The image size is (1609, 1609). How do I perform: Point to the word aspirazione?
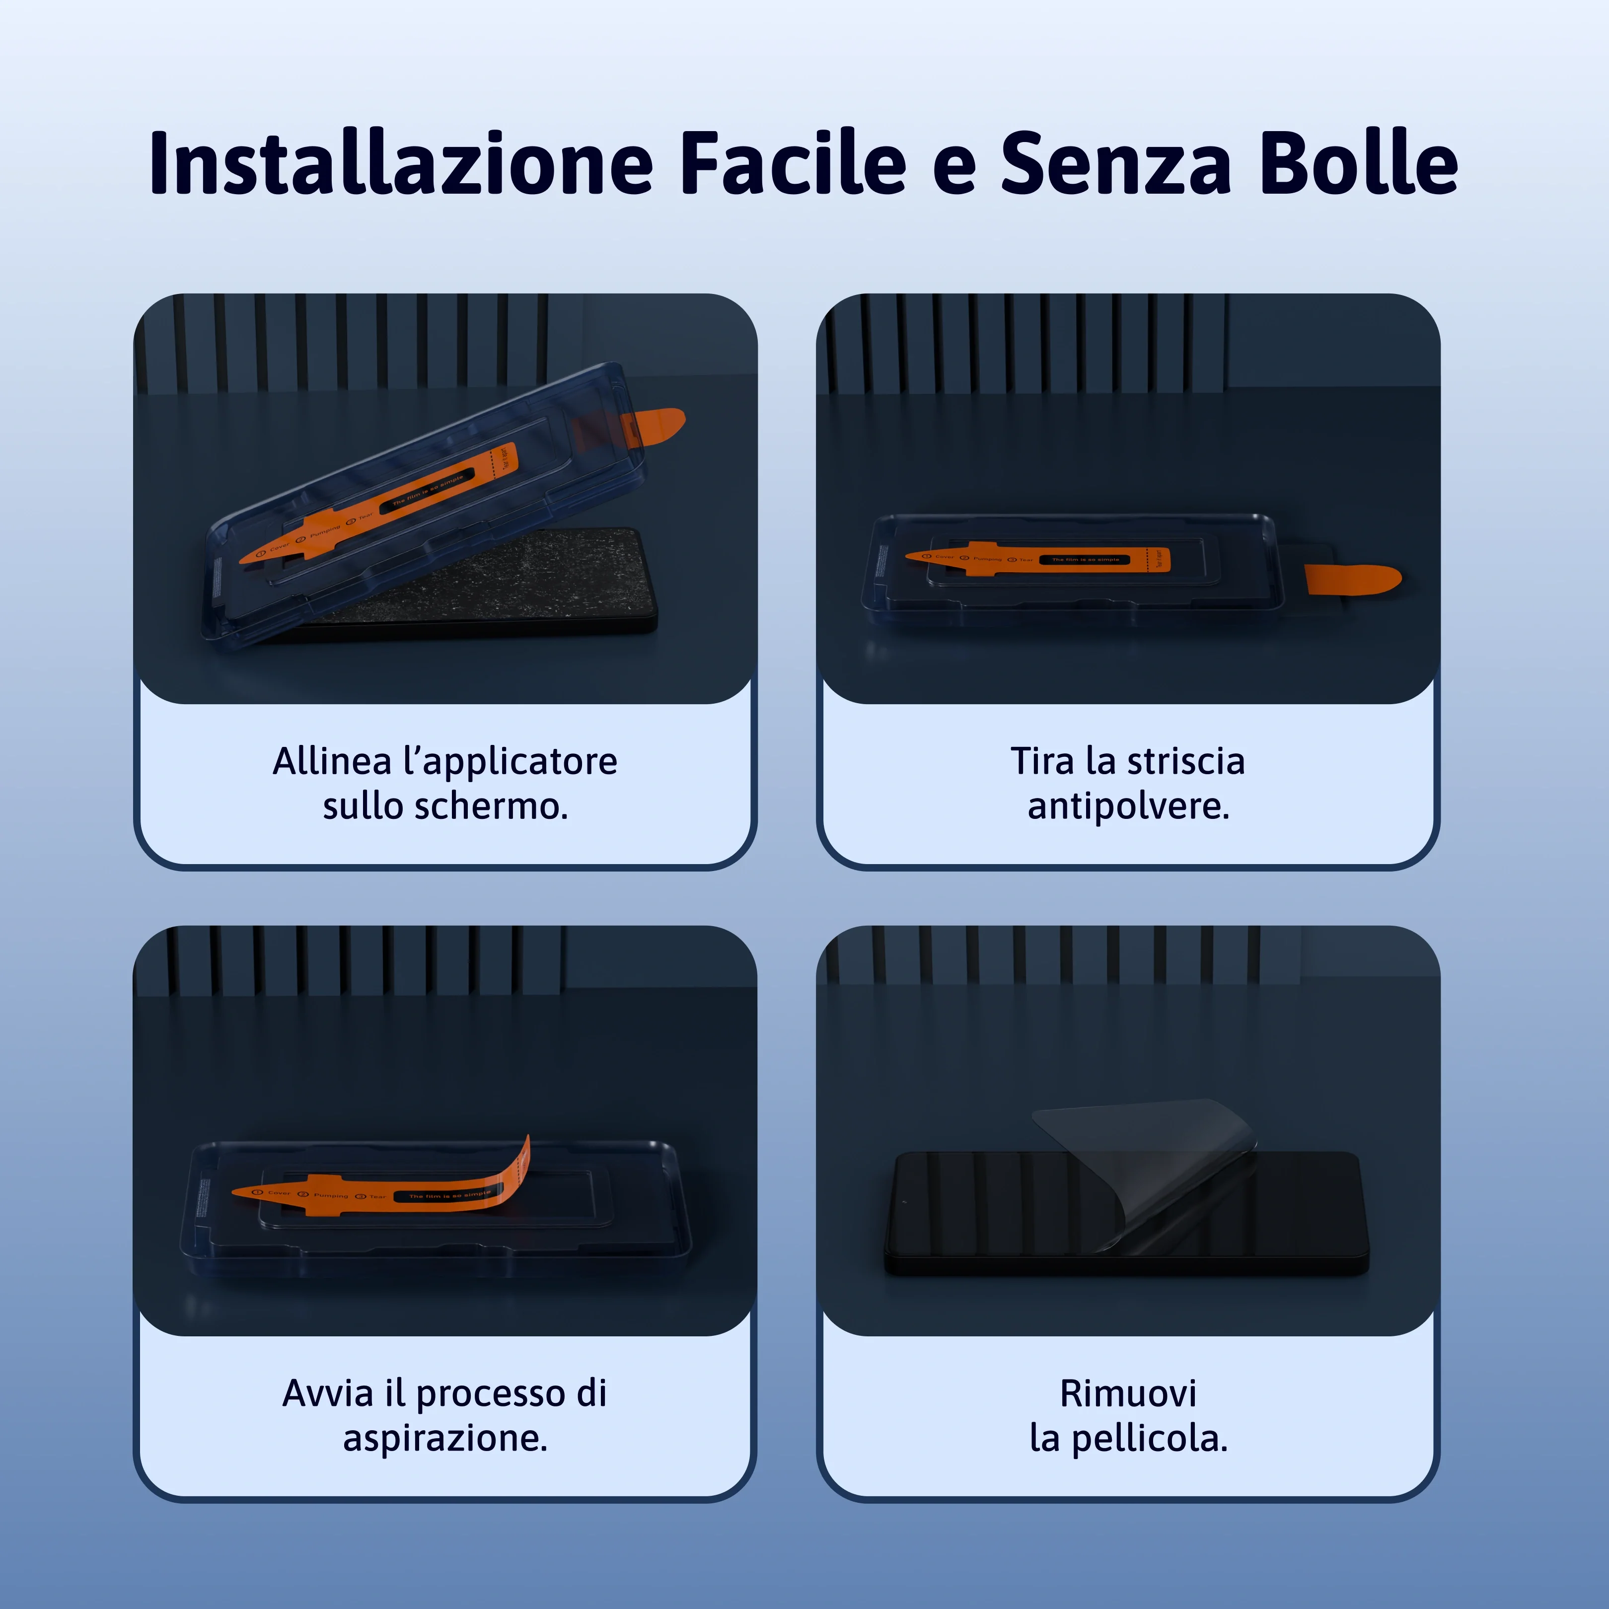point(445,1438)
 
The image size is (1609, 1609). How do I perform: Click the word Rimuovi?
point(1128,1394)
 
